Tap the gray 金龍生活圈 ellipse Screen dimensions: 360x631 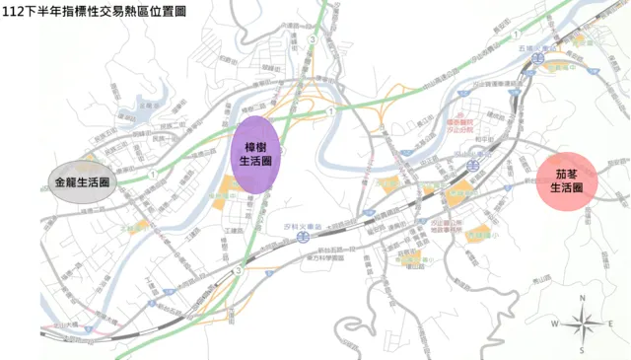pyautogui.click(x=82, y=182)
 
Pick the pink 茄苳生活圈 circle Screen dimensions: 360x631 pyautogui.click(x=566, y=180)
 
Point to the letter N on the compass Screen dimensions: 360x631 pyautogui.click(x=583, y=297)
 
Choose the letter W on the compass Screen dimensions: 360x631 pyautogui.click(x=555, y=324)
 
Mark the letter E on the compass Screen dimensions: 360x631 pyautogui.click(x=611, y=324)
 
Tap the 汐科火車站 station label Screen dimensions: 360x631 pyautogui.click(x=298, y=227)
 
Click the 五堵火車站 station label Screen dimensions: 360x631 pyautogui.click(x=533, y=46)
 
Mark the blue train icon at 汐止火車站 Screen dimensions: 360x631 pyautogui.click(x=473, y=166)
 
